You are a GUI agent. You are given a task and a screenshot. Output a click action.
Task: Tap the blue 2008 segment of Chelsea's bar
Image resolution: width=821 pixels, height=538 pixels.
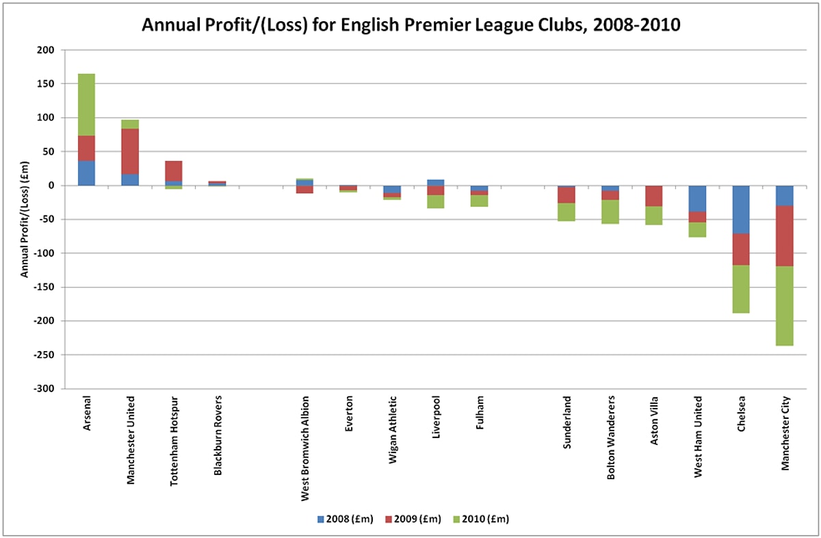pyautogui.click(x=742, y=209)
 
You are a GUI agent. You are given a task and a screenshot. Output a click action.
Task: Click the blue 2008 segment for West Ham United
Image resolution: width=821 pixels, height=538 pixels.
pyautogui.click(x=698, y=198)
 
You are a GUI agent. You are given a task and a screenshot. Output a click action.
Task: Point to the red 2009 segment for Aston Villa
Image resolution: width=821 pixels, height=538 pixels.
pyautogui.click(x=654, y=196)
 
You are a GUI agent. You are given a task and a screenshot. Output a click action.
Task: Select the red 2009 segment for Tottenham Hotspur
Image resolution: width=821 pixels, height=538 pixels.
pyautogui.click(x=174, y=171)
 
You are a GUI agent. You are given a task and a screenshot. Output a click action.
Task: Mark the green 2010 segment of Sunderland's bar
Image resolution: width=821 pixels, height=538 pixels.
pyautogui.click(x=566, y=212)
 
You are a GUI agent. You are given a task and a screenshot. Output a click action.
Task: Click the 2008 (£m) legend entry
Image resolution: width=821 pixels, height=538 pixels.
pyautogui.click(x=346, y=519)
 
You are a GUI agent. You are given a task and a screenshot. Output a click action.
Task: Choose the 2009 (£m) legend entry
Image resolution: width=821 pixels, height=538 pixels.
pyautogui.click(x=414, y=519)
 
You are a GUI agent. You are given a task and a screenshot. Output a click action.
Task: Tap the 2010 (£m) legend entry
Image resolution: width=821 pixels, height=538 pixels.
pyautogui.click(x=482, y=519)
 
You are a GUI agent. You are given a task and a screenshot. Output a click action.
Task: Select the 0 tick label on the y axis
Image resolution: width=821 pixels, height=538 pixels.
pyautogui.click(x=50, y=185)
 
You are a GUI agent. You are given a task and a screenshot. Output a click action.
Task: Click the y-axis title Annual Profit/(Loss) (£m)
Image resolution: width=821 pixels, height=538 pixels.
pyautogui.click(x=24, y=219)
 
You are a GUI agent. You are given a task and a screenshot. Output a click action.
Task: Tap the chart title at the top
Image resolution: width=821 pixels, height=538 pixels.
pyautogui.click(x=410, y=25)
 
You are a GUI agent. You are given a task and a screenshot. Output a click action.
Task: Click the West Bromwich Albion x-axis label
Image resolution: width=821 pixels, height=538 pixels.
pyautogui.click(x=305, y=448)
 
